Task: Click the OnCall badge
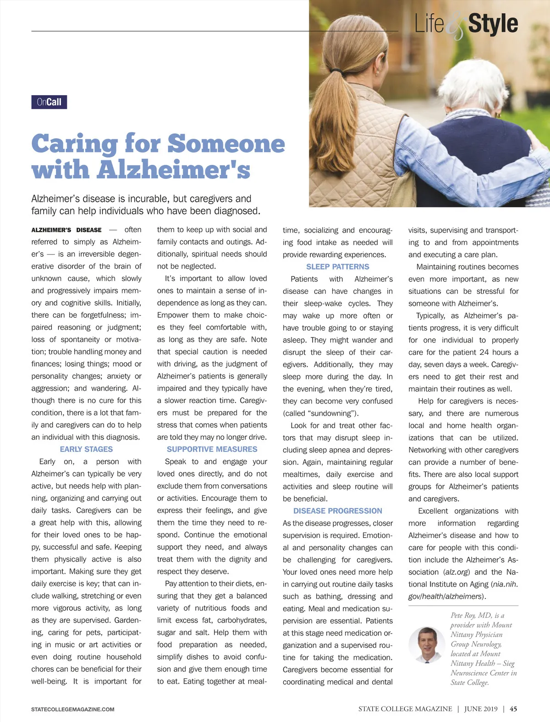pos(49,102)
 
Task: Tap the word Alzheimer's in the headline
pos(173,170)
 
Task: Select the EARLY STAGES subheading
pos(86,449)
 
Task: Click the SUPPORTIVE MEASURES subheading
pos(212,449)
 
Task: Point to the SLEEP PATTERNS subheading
pos(337,266)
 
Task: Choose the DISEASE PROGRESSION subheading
pos(337,510)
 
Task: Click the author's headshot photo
pos(426,645)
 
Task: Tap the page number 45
pos(513,709)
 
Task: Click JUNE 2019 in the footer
pos(480,709)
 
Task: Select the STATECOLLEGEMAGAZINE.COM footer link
pos(73,709)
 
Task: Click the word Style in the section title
pos(493,24)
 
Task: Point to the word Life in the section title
pos(429,24)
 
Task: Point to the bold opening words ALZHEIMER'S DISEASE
pos(66,230)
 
